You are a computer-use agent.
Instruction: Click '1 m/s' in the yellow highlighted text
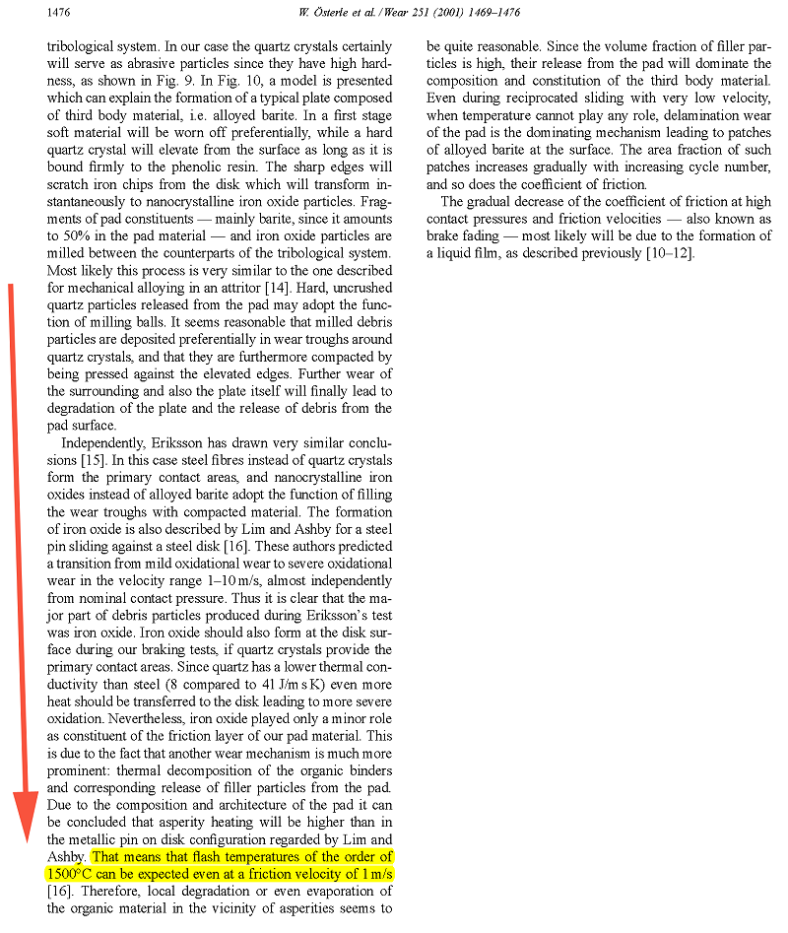373,873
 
